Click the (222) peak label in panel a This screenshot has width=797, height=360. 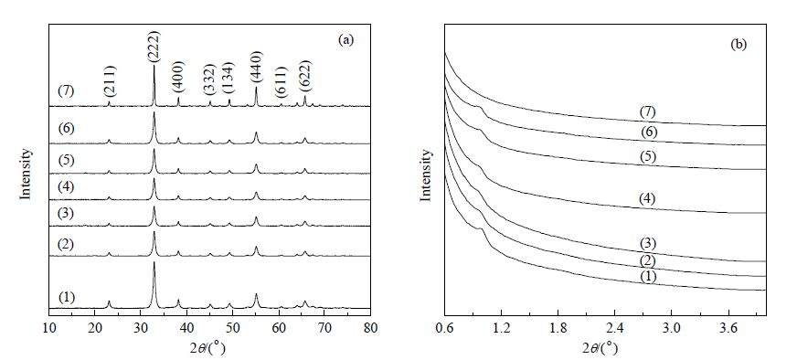[x=154, y=48]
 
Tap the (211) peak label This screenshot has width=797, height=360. [x=110, y=81]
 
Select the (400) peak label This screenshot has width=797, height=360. [x=178, y=76]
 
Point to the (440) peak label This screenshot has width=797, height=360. [x=256, y=68]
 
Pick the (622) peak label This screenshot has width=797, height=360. [x=305, y=76]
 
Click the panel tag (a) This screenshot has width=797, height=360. [x=345, y=41]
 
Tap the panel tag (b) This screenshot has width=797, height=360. [x=739, y=44]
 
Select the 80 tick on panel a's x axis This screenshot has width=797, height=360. [x=370, y=328]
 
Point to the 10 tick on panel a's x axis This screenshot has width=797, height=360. [x=48, y=328]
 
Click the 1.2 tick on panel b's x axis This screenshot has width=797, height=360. [x=501, y=328]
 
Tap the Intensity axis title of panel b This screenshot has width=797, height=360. [x=428, y=175]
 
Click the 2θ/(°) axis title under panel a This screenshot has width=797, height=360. [x=209, y=349]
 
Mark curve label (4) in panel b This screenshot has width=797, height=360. [x=647, y=198]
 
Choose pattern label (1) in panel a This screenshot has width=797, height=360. [x=67, y=296]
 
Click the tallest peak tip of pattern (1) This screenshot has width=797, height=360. [x=154, y=262]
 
